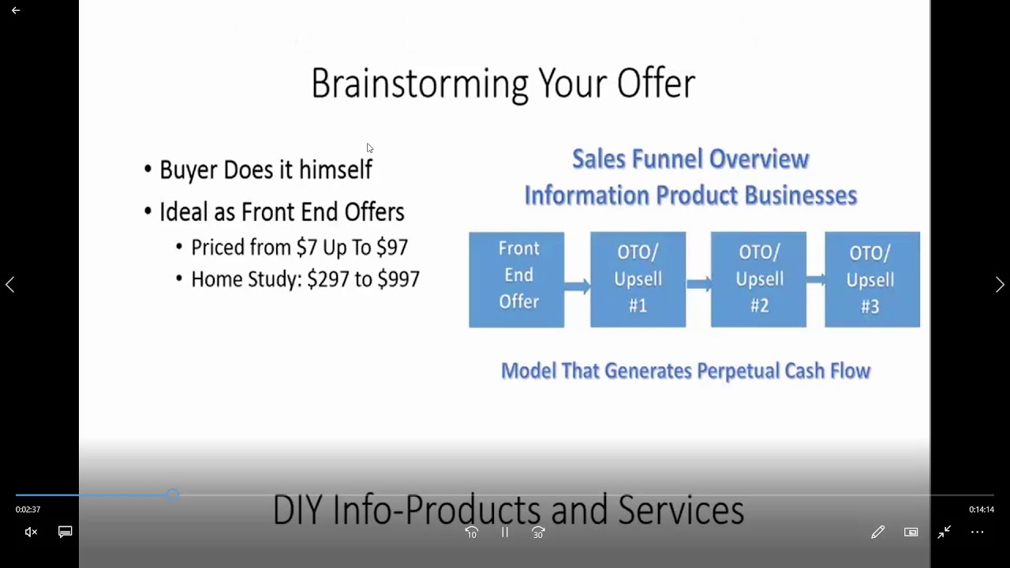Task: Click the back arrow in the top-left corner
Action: (16, 10)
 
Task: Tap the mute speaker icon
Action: (31, 532)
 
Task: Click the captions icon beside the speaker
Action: (65, 532)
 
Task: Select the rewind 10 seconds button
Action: (472, 532)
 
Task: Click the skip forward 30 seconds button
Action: (538, 532)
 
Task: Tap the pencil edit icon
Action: (878, 532)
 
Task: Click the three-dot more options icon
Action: (977, 532)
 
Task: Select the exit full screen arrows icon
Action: (944, 532)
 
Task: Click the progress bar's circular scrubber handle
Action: (173, 495)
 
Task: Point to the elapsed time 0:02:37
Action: (28, 510)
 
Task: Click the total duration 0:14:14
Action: (982, 510)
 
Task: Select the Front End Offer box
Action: (517, 280)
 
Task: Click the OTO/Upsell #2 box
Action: (759, 279)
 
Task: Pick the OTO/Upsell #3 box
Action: (873, 279)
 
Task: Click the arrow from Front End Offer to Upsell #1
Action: (578, 286)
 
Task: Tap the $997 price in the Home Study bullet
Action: (398, 279)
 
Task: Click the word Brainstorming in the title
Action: (420, 85)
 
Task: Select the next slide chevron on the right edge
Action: (1000, 285)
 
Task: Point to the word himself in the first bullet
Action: (335, 170)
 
